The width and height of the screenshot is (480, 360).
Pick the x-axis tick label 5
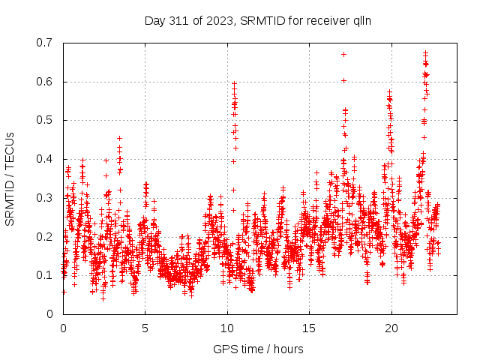(x=145, y=328)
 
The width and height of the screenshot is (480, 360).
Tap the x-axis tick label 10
(x=227, y=328)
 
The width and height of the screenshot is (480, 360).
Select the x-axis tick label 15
(x=309, y=328)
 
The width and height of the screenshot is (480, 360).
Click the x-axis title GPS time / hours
(x=259, y=349)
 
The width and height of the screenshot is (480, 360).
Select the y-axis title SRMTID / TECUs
(x=10, y=178)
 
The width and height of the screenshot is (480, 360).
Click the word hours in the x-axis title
(x=289, y=349)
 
